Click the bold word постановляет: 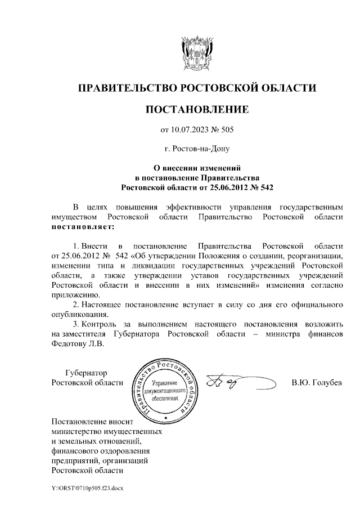tap(82, 227)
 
